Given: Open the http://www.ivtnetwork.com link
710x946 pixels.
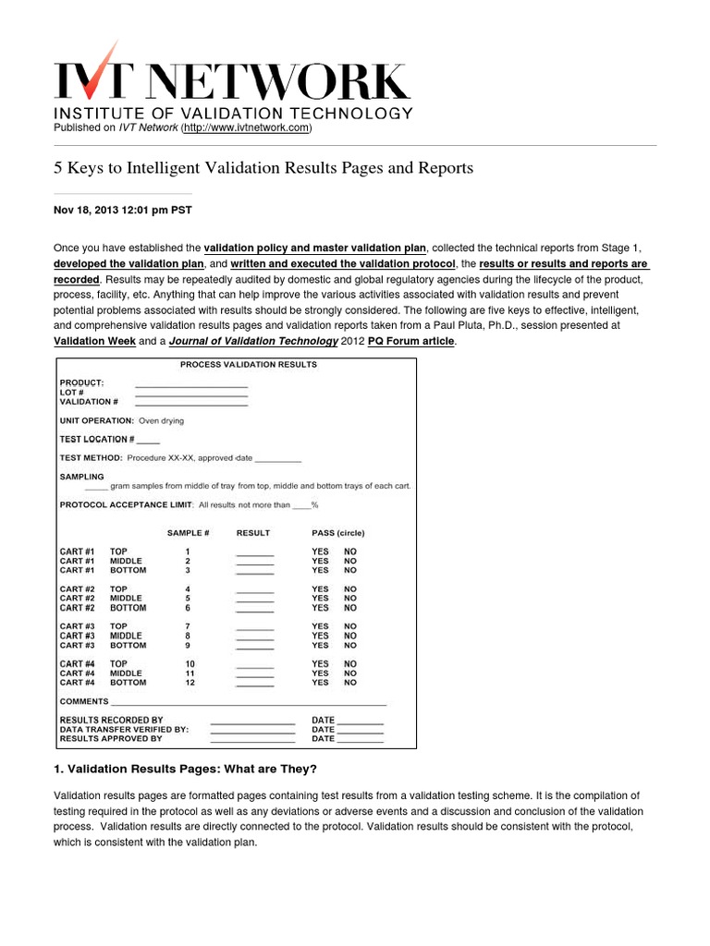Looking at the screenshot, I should pyautogui.click(x=246, y=127).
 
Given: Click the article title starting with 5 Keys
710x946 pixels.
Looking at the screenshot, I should pyautogui.click(x=263, y=168).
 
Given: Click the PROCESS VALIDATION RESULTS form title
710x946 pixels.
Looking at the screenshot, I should pyautogui.click(x=248, y=364).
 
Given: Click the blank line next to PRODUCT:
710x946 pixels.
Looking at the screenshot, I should pyautogui.click(x=191, y=383).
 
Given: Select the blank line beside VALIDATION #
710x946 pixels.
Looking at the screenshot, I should pyautogui.click(x=191, y=403).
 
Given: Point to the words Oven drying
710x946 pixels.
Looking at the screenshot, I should pyautogui.click(x=161, y=420).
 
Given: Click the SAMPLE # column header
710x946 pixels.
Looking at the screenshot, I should pyautogui.click(x=188, y=533).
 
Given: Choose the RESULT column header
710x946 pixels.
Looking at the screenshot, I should pyautogui.click(x=253, y=533).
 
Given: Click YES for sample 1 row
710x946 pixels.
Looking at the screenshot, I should pyautogui.click(x=320, y=552).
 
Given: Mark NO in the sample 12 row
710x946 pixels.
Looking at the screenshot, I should pyautogui.click(x=350, y=683).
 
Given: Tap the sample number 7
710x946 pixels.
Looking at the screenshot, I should pyautogui.click(x=188, y=626).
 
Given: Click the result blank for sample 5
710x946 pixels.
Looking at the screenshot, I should pyautogui.click(x=255, y=599).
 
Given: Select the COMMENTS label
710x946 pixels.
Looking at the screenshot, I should pyautogui.click(x=84, y=702).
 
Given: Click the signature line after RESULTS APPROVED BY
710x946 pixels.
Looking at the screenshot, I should pyautogui.click(x=252, y=739).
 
